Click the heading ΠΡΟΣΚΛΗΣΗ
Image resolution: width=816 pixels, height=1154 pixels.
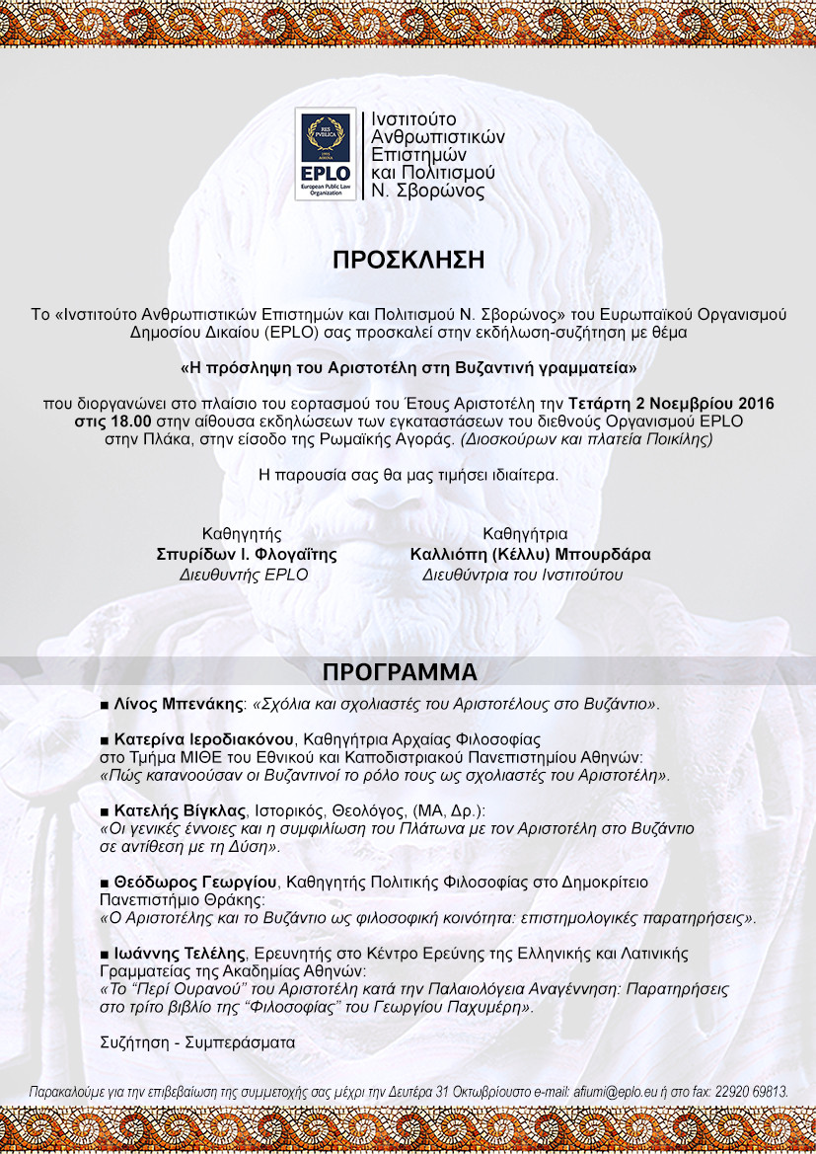coord(408,261)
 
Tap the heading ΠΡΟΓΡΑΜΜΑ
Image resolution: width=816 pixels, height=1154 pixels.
coord(400,672)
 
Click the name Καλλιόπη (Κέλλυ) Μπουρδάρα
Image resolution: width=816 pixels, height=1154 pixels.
coord(530,555)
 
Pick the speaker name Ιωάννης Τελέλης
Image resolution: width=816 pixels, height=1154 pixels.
coord(180,954)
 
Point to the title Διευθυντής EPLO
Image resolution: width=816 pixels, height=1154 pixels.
coord(243,575)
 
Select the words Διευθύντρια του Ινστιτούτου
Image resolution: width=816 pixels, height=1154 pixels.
coord(522,575)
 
